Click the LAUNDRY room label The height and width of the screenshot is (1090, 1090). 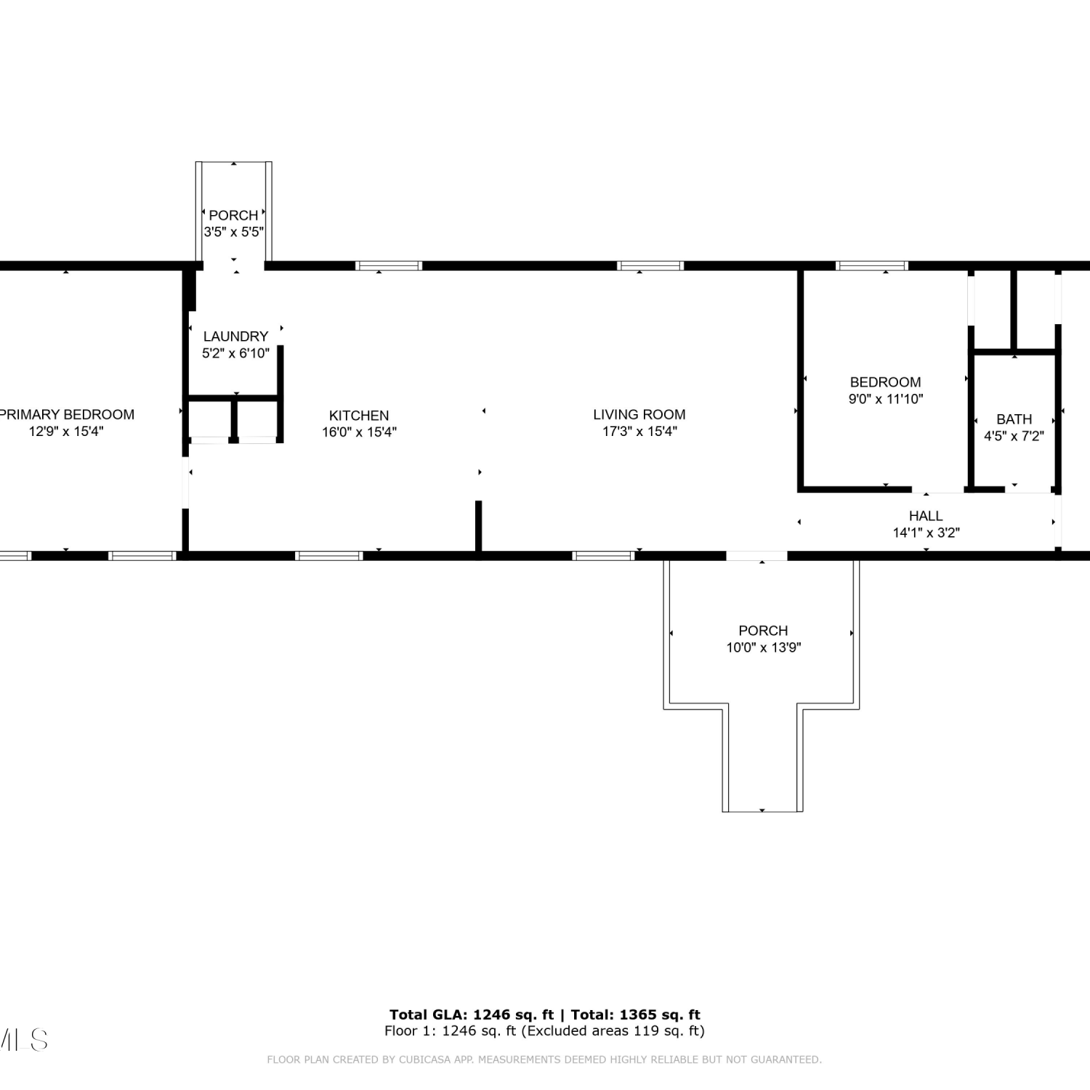[x=235, y=336]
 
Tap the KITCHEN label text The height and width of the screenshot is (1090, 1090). [x=359, y=416]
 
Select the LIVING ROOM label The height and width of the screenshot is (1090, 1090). [x=639, y=414]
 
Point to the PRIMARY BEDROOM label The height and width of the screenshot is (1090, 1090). [x=67, y=414]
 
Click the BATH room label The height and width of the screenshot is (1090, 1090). [x=1014, y=419]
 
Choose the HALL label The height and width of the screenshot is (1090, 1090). [x=926, y=516]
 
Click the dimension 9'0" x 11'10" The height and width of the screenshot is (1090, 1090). [x=886, y=399]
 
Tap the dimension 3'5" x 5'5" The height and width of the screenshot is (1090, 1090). [x=233, y=232]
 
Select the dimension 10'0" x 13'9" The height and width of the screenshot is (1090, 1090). [x=763, y=647]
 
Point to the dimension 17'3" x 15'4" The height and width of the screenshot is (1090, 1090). [x=639, y=431]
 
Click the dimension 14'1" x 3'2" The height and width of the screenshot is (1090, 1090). [x=926, y=533]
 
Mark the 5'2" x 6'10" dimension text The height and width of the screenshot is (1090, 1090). [x=235, y=353]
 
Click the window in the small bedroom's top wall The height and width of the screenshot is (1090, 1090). [x=872, y=266]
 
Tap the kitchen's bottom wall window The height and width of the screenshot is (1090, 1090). [x=329, y=556]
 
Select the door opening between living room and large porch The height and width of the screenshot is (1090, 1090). [x=756, y=556]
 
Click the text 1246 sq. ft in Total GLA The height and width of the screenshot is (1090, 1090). [x=513, y=1014]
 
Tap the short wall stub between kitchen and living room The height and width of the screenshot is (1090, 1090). [x=478, y=526]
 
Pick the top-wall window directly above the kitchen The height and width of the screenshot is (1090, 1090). [x=389, y=266]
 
